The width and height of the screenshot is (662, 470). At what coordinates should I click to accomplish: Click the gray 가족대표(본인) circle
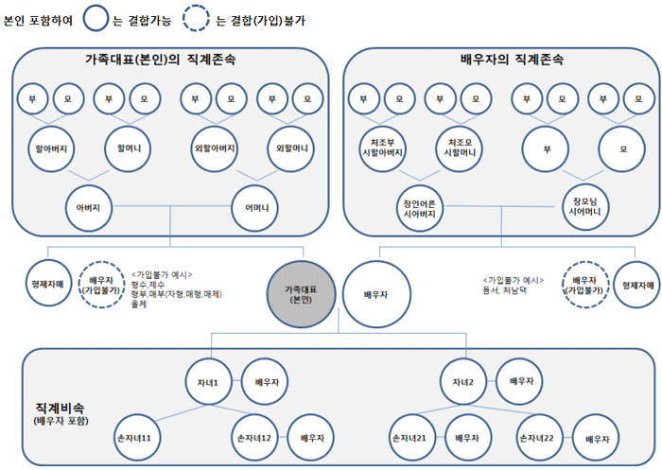300,292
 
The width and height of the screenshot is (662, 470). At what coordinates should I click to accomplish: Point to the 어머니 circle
256,207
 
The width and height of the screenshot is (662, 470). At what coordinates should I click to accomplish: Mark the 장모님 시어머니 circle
581,207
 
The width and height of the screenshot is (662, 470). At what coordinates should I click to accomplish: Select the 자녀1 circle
208,380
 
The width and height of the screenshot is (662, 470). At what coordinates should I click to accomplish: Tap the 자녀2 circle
462,380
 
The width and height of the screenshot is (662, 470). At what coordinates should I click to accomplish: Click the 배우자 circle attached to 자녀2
521,380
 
